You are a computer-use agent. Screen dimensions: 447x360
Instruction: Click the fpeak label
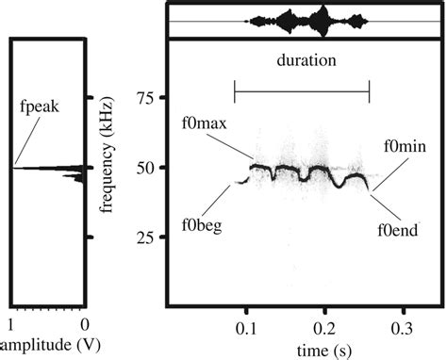point(40,106)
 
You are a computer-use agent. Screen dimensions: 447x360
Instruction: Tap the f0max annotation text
point(205,123)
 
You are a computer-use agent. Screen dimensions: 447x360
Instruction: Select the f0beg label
point(202,225)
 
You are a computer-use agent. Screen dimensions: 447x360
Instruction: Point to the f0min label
point(406,146)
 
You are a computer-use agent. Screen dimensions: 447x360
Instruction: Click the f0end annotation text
point(398,230)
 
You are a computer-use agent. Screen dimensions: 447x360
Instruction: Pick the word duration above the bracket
point(306,60)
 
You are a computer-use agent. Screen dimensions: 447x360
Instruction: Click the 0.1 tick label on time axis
point(247,329)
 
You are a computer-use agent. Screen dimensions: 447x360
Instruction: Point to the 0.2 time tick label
point(324,329)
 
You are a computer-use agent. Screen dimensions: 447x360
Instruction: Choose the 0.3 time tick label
point(402,329)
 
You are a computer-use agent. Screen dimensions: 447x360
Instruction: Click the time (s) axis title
point(324,351)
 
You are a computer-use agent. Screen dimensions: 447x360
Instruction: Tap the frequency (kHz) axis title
point(107,155)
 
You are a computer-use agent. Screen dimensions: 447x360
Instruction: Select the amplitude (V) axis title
point(50,345)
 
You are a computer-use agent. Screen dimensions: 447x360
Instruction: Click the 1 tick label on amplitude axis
point(11,325)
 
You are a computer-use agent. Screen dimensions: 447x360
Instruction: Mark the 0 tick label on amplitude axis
point(85,325)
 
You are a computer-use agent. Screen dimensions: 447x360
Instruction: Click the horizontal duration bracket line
point(302,91)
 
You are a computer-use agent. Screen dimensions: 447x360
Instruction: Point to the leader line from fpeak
point(27,141)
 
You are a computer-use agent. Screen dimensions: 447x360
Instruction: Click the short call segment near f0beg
point(242,181)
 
